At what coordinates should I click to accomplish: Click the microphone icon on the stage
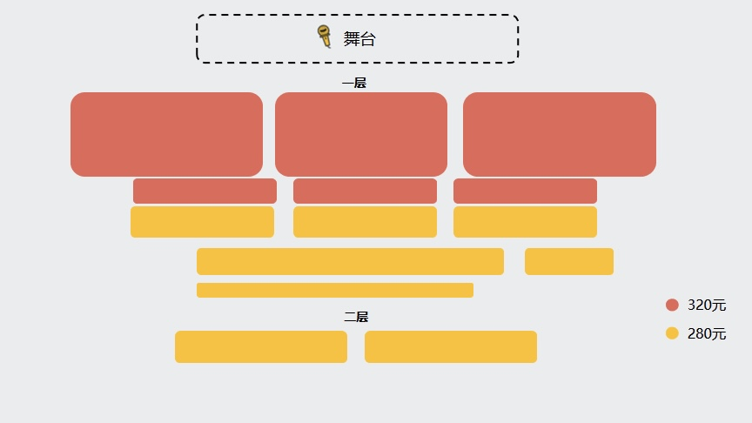click(325, 37)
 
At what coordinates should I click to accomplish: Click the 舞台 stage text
click(359, 39)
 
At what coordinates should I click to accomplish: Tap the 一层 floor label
click(354, 84)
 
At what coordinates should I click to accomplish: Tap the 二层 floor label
click(356, 317)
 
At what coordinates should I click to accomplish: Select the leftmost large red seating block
click(166, 134)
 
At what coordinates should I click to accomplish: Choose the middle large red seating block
click(361, 134)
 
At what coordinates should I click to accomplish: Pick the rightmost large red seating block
click(560, 134)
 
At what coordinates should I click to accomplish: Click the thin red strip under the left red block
click(205, 191)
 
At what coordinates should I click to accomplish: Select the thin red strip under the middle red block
click(365, 191)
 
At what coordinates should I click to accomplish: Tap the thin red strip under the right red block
click(525, 191)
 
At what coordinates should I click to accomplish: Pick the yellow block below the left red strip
click(202, 222)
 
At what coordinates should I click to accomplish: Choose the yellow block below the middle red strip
click(365, 222)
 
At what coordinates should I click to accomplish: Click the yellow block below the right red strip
click(525, 222)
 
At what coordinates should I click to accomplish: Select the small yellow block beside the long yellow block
click(569, 261)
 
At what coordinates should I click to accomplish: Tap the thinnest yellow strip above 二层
click(335, 290)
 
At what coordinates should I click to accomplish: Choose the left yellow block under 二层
click(261, 346)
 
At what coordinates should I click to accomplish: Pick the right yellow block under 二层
click(451, 346)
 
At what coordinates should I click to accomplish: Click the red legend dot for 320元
click(672, 305)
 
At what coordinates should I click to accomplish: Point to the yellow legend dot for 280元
click(672, 333)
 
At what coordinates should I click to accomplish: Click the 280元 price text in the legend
click(707, 333)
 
